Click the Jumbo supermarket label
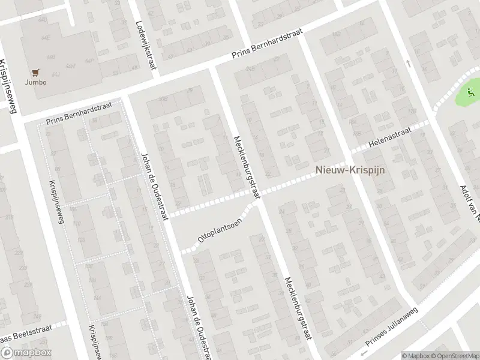click(x=35, y=82)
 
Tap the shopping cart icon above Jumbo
click(x=35, y=71)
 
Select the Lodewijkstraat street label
click(x=146, y=46)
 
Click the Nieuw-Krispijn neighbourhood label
click(x=351, y=170)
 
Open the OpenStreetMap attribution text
click(x=455, y=356)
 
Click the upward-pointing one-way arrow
click(x=407, y=62)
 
